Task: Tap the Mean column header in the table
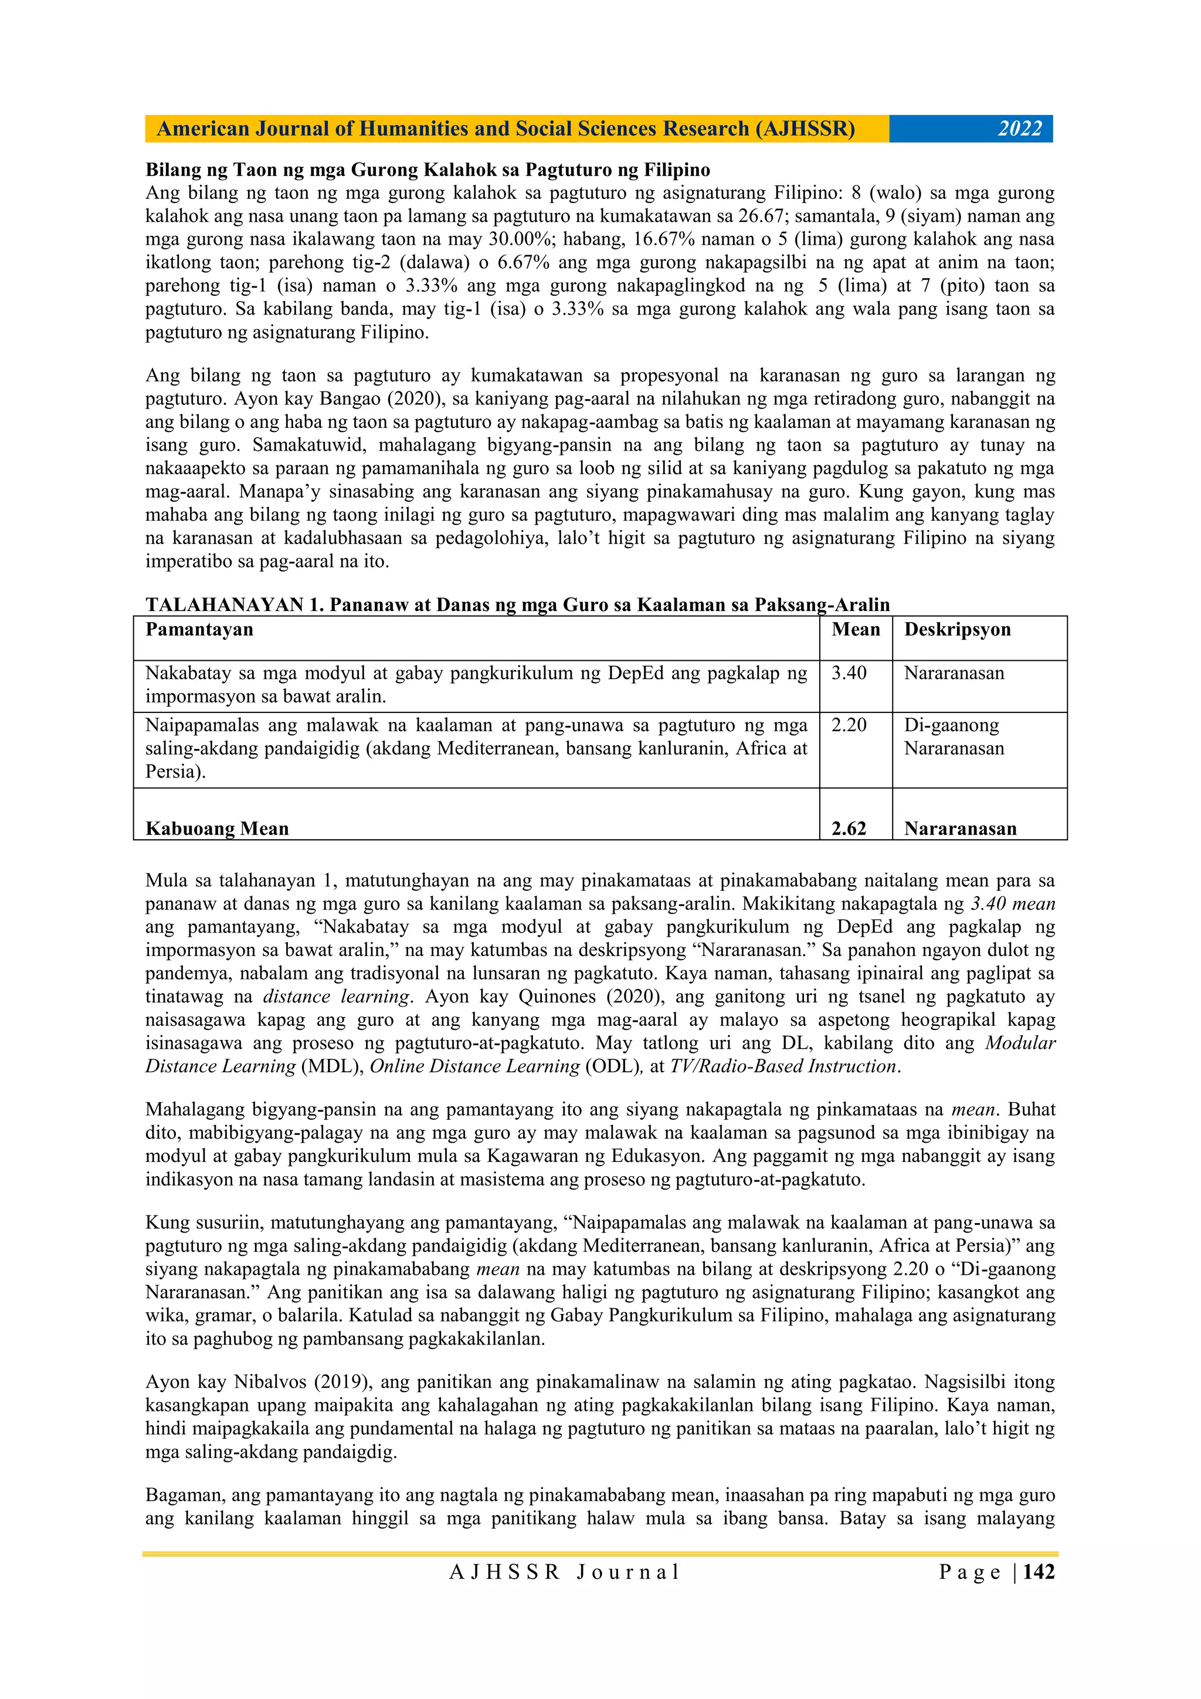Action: pyautogui.click(x=855, y=630)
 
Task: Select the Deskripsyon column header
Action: pyautogui.click(x=957, y=630)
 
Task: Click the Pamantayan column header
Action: pyautogui.click(x=199, y=630)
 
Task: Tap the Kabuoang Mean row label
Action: pyautogui.click(x=216, y=829)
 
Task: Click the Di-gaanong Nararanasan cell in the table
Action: pyautogui.click(x=954, y=737)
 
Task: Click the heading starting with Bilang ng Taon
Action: pyautogui.click(x=428, y=170)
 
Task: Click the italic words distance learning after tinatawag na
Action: pyautogui.click(x=337, y=997)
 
